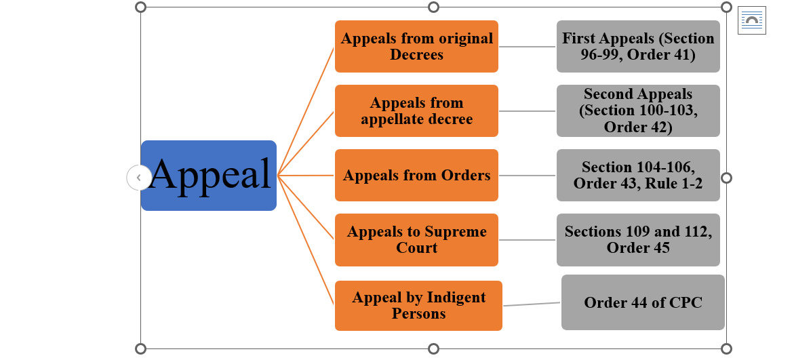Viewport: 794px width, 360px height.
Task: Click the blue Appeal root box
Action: (209, 175)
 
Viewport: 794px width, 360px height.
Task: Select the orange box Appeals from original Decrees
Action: (416, 46)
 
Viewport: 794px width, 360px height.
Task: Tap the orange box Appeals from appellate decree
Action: (416, 111)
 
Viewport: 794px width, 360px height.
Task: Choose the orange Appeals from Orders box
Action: (416, 175)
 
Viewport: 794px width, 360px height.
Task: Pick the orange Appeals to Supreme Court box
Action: (416, 239)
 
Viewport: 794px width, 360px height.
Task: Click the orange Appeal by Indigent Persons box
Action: (418, 305)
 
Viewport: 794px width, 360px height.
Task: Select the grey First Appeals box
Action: (638, 46)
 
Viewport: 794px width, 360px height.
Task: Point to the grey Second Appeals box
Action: (638, 111)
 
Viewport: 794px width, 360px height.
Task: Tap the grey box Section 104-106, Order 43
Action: (638, 175)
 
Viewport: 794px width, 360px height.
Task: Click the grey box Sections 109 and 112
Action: (638, 239)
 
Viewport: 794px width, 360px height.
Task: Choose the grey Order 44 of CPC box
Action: (643, 302)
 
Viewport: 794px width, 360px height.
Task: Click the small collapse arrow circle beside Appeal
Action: (138, 178)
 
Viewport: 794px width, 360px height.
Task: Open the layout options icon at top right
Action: (752, 20)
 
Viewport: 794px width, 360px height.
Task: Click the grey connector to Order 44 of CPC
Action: (532, 304)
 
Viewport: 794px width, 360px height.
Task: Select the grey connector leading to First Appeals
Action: (528, 47)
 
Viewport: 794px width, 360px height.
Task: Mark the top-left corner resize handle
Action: (140, 7)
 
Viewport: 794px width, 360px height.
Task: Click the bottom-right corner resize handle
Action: (726, 349)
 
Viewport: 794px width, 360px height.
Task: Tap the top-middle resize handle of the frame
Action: (433, 7)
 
